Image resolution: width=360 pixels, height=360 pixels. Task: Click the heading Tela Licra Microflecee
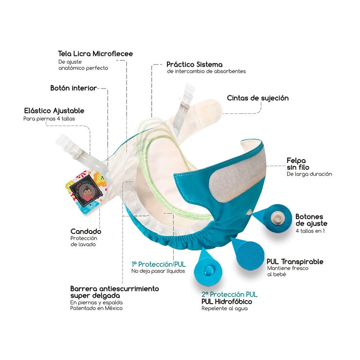[95, 54]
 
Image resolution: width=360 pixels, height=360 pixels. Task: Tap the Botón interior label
[73, 89]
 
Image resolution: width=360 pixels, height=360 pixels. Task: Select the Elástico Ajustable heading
[54, 111]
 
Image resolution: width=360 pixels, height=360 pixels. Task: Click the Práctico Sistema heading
[194, 64]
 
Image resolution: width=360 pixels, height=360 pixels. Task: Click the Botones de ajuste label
[311, 220]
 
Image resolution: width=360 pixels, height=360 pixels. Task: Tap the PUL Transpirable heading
[295, 262]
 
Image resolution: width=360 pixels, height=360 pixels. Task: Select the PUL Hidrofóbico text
[227, 302]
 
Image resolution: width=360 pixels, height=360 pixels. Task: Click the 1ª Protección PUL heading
[159, 264]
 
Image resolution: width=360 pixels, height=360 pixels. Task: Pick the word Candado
[86, 232]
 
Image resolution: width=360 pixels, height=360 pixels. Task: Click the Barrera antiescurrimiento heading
[114, 288]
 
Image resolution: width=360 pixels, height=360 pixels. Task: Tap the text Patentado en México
[96, 308]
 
